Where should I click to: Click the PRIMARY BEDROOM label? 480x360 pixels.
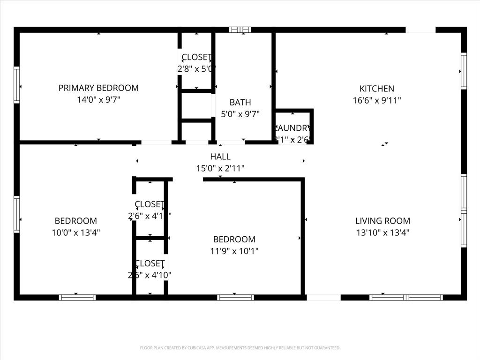[98, 88]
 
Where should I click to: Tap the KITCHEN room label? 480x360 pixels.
[376, 88]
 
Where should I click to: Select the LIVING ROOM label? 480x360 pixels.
[382, 221]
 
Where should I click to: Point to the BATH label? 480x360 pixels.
[240, 102]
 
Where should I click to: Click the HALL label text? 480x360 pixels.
[220, 157]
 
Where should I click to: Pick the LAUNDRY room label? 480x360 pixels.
[293, 128]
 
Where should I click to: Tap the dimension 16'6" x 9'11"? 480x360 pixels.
[376, 100]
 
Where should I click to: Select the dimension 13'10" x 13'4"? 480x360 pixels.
[382, 232]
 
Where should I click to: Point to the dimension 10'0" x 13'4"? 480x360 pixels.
[76, 232]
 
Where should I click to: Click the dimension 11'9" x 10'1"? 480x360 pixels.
[234, 251]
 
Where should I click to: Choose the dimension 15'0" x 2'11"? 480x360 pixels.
[220, 169]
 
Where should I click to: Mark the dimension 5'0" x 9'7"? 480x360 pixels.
[240, 114]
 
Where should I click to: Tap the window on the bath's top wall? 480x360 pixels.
[240, 30]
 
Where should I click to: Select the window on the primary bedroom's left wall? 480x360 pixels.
[17, 85]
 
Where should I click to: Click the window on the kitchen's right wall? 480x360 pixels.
[464, 71]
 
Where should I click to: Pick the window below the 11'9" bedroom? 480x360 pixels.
[235, 297]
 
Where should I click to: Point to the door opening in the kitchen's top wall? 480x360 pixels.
[420, 30]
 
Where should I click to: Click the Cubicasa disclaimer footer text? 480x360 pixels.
[240, 348]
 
